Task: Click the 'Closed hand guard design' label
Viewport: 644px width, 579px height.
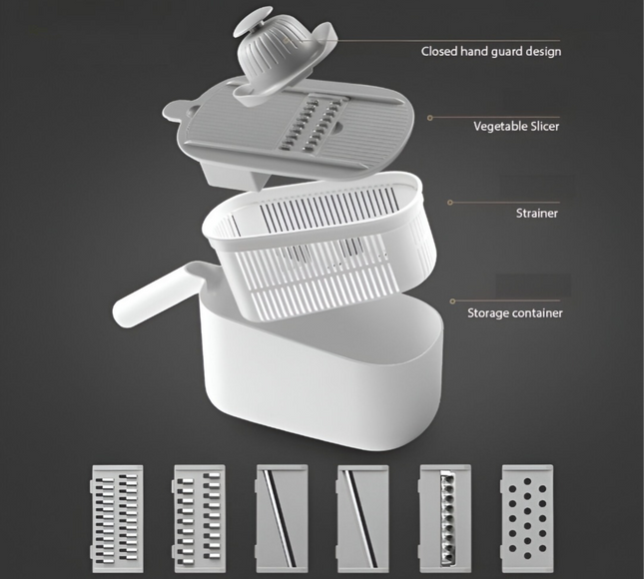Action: [491, 52]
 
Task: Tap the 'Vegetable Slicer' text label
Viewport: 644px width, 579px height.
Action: [516, 126]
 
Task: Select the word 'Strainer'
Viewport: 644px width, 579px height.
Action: [537, 213]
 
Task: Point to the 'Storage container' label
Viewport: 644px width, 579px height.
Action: [515, 312]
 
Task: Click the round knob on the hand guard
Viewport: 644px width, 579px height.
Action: [253, 21]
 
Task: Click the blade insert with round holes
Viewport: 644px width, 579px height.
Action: [527, 518]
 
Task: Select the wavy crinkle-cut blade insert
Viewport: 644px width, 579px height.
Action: [445, 518]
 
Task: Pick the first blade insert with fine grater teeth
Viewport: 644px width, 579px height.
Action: [117, 518]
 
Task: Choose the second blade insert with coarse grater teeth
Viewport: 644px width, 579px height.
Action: [200, 518]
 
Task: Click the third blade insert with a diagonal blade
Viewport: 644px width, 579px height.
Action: [282, 518]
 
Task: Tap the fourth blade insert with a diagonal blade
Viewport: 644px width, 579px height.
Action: [363, 518]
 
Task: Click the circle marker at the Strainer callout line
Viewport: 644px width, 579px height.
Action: [450, 203]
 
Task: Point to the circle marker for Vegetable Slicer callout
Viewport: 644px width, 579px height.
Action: [430, 118]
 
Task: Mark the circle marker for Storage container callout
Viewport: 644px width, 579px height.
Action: [452, 301]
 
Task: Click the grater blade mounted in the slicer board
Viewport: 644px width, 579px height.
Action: [315, 125]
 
